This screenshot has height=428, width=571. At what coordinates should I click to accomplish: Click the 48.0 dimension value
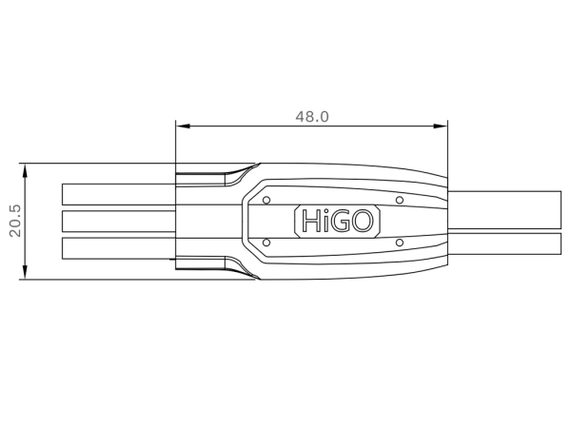pos(311,116)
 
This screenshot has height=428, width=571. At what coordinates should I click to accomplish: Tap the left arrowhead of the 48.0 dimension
pos(182,126)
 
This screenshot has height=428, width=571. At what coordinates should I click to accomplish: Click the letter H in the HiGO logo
pos(310,223)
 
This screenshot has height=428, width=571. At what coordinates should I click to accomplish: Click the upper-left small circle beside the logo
pos(266,200)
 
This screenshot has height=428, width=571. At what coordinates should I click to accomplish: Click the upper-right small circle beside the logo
pos(400,200)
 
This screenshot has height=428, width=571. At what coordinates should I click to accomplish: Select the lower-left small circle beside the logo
pos(266,243)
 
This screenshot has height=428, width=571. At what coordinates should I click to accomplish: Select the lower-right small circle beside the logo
pos(400,243)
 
